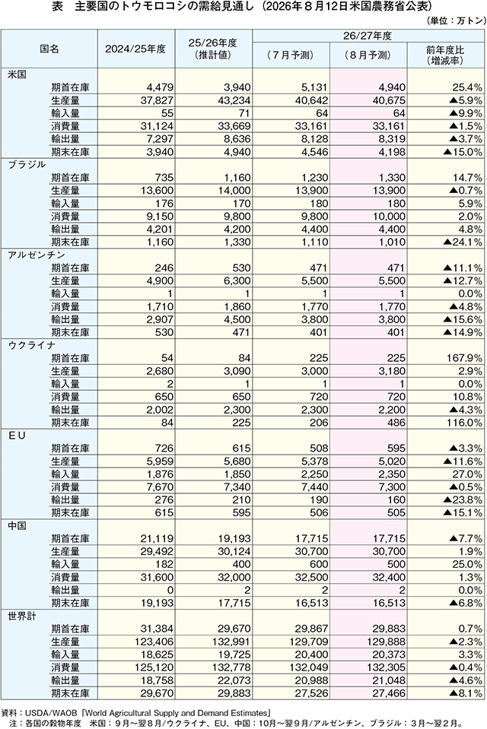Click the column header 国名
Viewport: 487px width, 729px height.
coord(49,49)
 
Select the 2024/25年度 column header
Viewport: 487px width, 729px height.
coord(135,49)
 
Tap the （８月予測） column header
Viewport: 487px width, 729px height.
coord(368,55)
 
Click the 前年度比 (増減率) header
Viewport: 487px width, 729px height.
coord(445,55)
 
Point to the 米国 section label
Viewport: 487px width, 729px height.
coord(17,74)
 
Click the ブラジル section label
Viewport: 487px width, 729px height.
coord(27,165)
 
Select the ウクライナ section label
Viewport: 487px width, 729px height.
coord(32,345)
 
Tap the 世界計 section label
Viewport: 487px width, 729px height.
coord(22,616)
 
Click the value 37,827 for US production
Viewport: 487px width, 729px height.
coord(158,100)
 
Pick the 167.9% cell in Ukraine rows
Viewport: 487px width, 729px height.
coord(463,359)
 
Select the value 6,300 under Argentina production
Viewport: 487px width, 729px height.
coord(237,281)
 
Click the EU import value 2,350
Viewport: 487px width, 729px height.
coord(392,474)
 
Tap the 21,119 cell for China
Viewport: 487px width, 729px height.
coord(158,539)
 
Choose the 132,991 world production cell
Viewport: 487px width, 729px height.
coord(233,642)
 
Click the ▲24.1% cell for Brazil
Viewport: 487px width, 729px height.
coord(463,242)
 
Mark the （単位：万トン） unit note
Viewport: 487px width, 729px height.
coord(455,21)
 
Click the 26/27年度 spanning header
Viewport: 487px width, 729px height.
coord(368,36)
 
